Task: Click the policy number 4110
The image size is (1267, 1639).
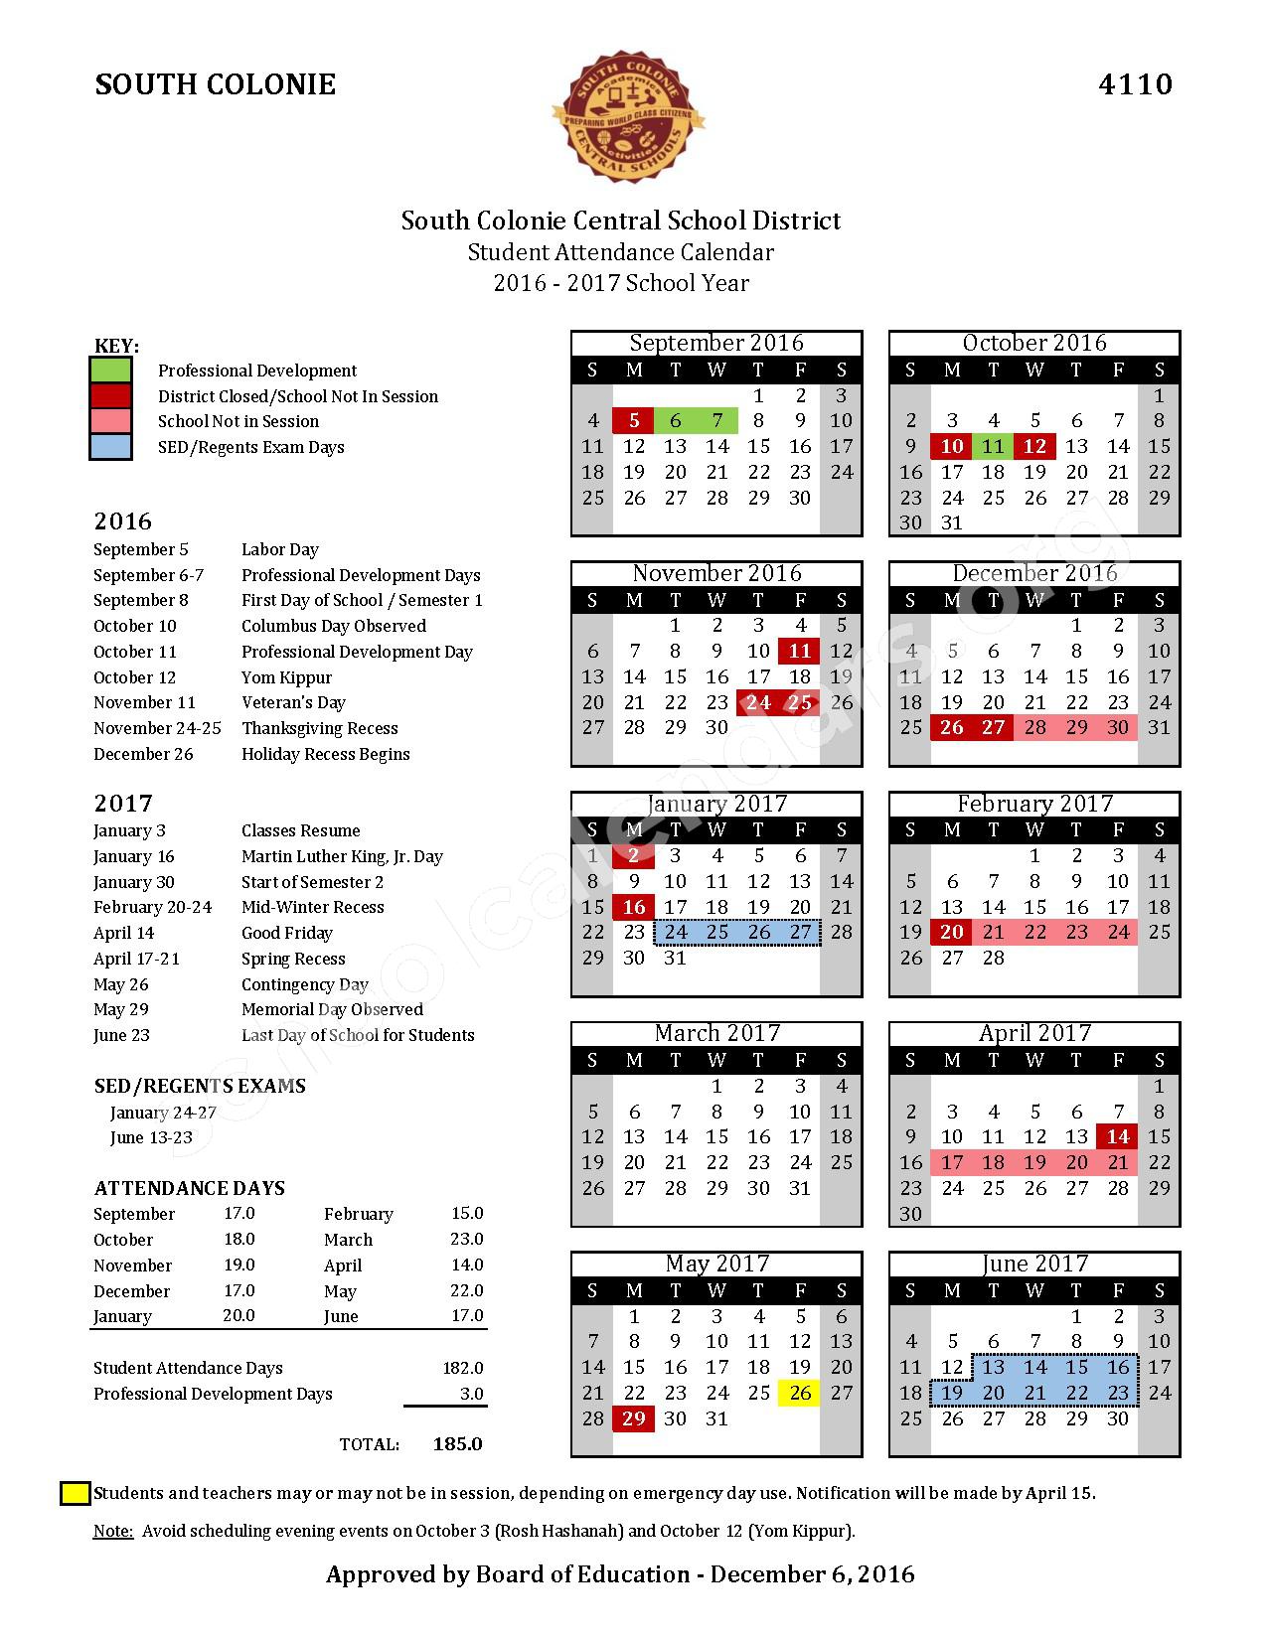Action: click(x=1135, y=84)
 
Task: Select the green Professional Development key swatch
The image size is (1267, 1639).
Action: click(x=110, y=371)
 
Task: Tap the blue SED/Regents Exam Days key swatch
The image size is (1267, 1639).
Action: click(x=110, y=447)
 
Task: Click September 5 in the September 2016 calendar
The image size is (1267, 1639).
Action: click(x=634, y=421)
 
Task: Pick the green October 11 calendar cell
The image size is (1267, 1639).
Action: click(x=994, y=447)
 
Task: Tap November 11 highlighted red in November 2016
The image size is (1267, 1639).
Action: click(x=800, y=652)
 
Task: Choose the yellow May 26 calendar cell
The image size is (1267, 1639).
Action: click(x=800, y=1394)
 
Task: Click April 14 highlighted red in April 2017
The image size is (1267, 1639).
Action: click(x=1118, y=1137)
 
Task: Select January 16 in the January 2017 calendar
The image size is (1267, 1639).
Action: click(x=634, y=907)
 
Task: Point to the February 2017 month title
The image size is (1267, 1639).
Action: click(x=1034, y=804)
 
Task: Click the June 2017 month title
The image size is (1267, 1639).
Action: click(x=1034, y=1264)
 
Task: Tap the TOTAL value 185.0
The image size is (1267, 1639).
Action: click(x=457, y=1444)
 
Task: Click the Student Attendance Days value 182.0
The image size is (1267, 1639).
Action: click(x=462, y=1369)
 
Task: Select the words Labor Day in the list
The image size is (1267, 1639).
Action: click(x=280, y=549)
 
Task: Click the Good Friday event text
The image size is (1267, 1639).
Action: click(x=286, y=933)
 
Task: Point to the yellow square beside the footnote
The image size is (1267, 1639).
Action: click(x=75, y=1493)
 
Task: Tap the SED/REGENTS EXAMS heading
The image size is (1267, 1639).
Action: click(x=200, y=1087)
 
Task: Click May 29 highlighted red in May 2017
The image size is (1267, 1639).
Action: click(x=634, y=1419)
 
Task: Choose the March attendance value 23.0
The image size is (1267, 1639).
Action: click(x=466, y=1240)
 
